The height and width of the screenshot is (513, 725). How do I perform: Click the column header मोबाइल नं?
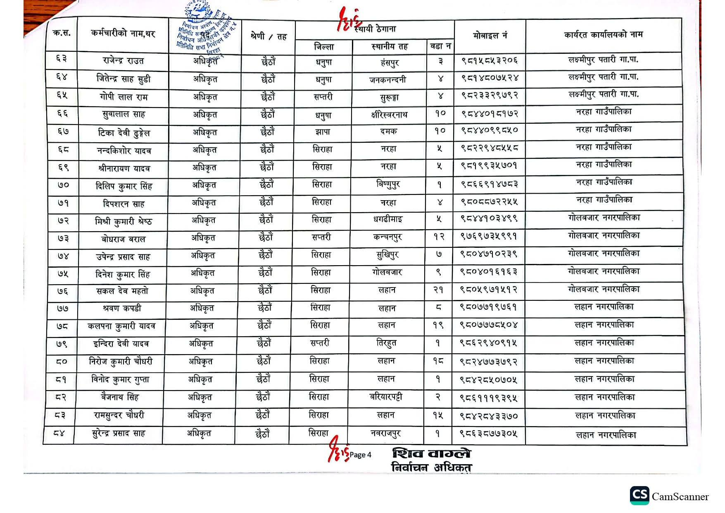click(x=490, y=36)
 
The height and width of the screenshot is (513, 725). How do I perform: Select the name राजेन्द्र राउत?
click(x=123, y=61)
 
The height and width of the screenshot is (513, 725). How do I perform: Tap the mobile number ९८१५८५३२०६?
click(x=490, y=61)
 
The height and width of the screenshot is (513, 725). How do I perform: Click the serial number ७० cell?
click(x=63, y=185)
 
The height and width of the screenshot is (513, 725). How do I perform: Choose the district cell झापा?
click(x=323, y=132)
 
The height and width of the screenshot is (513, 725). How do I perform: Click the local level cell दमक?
click(x=388, y=131)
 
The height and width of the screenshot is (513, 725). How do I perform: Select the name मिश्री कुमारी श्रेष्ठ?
click(x=123, y=221)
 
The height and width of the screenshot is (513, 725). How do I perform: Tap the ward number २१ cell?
click(x=438, y=290)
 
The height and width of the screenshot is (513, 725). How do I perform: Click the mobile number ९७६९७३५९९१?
click(x=489, y=236)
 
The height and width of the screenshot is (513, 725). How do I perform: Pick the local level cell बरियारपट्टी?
click(x=386, y=397)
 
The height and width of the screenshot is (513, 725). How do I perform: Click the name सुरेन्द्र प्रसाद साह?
click(x=118, y=434)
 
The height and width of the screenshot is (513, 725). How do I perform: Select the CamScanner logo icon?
click(x=639, y=495)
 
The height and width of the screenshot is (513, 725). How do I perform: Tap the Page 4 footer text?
click(x=360, y=455)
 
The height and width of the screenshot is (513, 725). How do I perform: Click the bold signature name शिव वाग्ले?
click(x=431, y=453)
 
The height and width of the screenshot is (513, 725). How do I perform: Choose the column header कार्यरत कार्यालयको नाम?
click(x=603, y=35)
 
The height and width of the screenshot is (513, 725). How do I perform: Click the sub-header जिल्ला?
click(x=324, y=47)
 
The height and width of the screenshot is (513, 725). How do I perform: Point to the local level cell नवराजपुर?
click(x=385, y=434)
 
